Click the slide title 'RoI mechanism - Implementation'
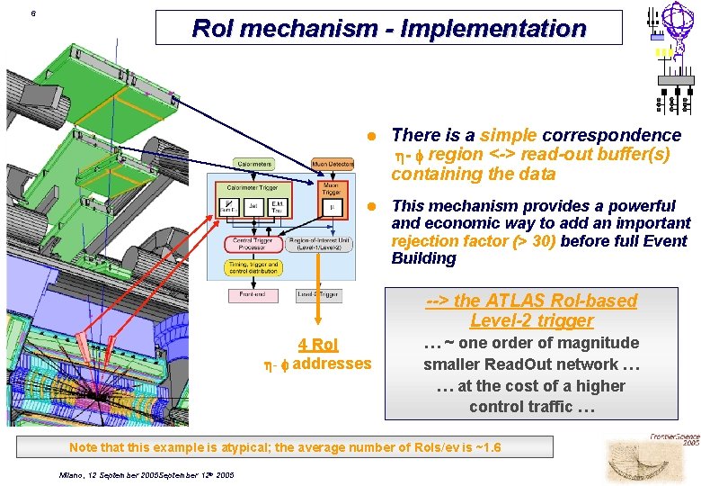click(x=388, y=29)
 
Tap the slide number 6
click(x=33, y=14)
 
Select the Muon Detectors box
click(x=333, y=163)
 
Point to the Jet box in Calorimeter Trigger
click(x=253, y=207)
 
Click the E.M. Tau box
click(x=278, y=207)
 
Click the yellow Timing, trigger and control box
click(x=255, y=268)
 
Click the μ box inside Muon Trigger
click(x=332, y=206)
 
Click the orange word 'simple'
click(x=509, y=136)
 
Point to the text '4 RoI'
click(x=318, y=345)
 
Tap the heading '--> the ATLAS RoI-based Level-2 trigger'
click(x=531, y=310)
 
